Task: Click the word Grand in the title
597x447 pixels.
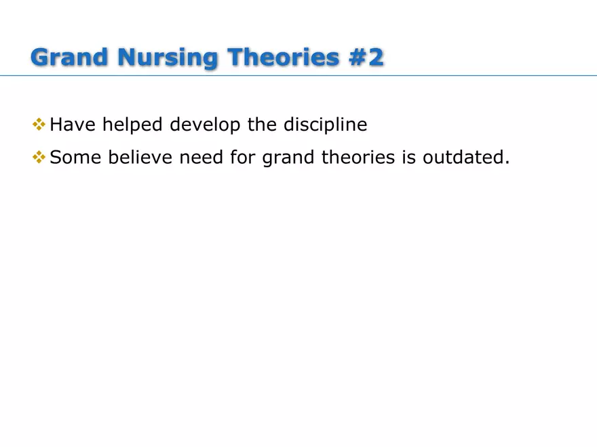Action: (x=70, y=57)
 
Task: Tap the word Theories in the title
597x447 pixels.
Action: (x=280, y=57)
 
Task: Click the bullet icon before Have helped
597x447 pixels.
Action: (x=39, y=125)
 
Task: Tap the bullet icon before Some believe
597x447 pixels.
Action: (x=39, y=158)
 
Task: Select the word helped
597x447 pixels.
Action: (x=133, y=125)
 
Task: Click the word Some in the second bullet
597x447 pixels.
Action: (x=76, y=158)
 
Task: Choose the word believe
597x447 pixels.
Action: (x=141, y=158)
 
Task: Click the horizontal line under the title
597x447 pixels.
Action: (x=298, y=75)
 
